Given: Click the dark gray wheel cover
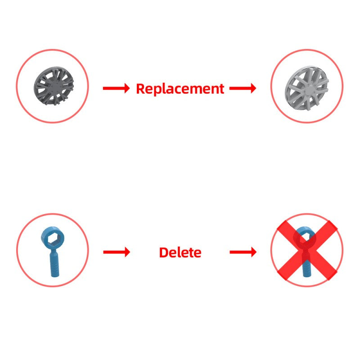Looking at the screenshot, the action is pyautogui.click(x=54, y=86).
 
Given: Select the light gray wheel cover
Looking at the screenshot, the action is pyautogui.click(x=307, y=88).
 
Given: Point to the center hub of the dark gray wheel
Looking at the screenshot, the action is pyautogui.click(x=54, y=87).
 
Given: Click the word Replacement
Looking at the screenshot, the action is pyautogui.click(x=180, y=89).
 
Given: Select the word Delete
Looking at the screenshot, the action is pyautogui.click(x=180, y=252).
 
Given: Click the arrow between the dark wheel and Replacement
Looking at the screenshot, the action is pyautogui.click(x=116, y=88).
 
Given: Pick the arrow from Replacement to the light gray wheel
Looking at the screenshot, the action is pyautogui.click(x=243, y=88).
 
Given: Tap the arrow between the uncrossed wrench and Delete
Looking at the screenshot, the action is pyautogui.click(x=117, y=252).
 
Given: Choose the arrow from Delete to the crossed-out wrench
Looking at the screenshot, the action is pyautogui.click(x=243, y=252).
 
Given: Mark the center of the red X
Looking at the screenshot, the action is pyautogui.click(x=307, y=250).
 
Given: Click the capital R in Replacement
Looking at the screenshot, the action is pyautogui.click(x=140, y=89).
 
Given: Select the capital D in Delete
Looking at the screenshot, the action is pyautogui.click(x=164, y=252).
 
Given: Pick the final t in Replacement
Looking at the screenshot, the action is pyautogui.click(x=221, y=89).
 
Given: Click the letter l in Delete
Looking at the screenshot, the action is pyautogui.click(x=180, y=252).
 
